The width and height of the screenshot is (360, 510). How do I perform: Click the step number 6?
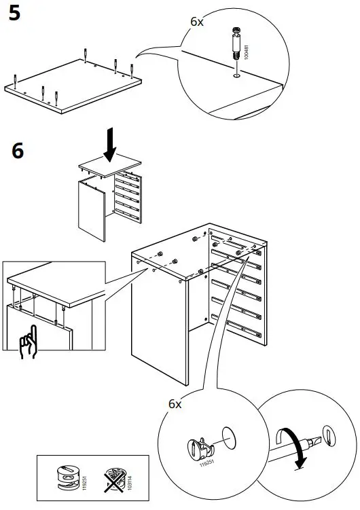point(17,150)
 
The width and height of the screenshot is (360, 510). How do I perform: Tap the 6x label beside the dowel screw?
point(196,22)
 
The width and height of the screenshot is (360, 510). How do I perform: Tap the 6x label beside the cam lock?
point(175,403)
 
